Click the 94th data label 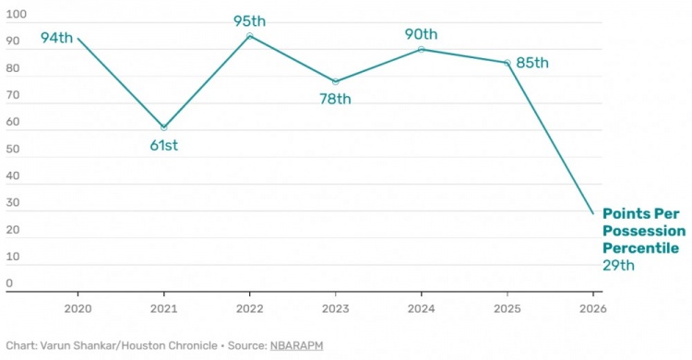click(x=56, y=38)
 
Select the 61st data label click(x=163, y=145)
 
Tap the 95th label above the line click(x=249, y=20)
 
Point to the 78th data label click(x=336, y=99)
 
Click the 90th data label click(x=421, y=34)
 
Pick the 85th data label click(x=532, y=63)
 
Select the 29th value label click(x=618, y=266)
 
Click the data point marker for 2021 click(x=163, y=127)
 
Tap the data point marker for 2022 click(x=250, y=36)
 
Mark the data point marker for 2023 click(x=336, y=82)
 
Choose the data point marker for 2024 click(x=422, y=49)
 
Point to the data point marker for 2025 click(x=507, y=63)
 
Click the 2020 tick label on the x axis click(x=78, y=308)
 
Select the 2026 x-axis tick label click(x=592, y=308)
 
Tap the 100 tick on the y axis click(x=17, y=14)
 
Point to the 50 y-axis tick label click(x=13, y=149)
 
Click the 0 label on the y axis click(x=9, y=283)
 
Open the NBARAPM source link click(x=296, y=345)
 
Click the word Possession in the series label click(x=644, y=231)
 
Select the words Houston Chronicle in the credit click(x=169, y=345)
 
